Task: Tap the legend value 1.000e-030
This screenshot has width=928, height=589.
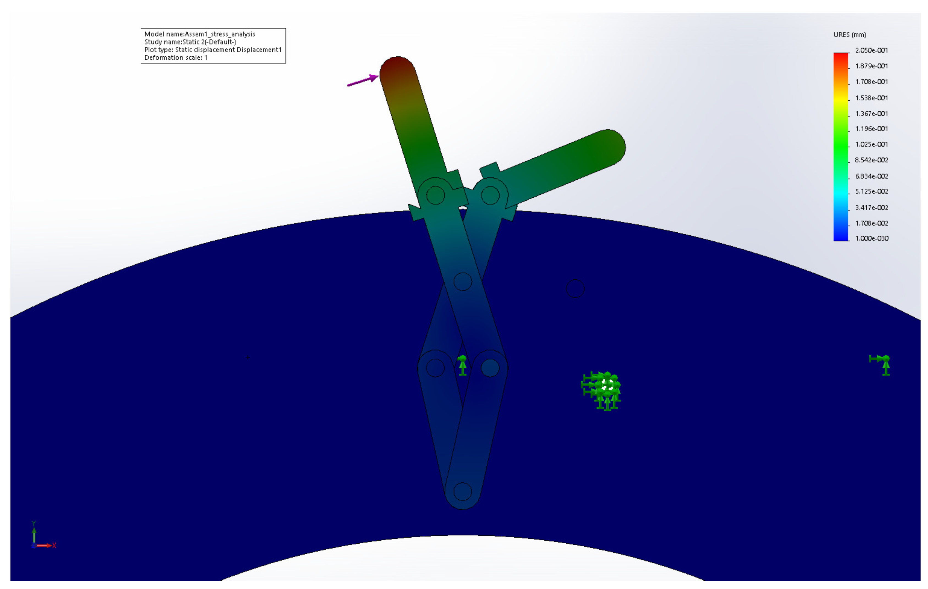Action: pos(872,238)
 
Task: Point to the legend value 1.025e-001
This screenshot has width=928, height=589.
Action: pos(871,144)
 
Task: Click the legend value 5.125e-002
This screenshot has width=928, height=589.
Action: pos(871,191)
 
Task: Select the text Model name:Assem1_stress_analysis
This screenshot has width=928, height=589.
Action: pos(200,34)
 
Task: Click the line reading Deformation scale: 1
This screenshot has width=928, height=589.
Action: pos(176,58)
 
